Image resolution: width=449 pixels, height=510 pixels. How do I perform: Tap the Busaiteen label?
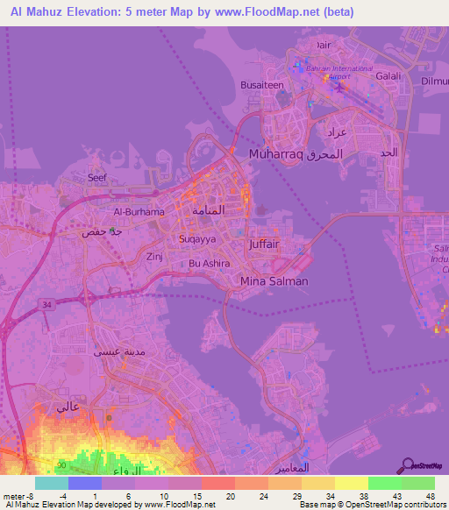(260, 85)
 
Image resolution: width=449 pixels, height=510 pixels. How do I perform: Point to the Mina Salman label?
(274, 281)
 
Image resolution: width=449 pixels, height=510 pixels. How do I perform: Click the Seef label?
(96, 177)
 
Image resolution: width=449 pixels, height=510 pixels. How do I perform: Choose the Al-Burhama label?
(139, 212)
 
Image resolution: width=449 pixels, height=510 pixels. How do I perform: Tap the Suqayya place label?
(197, 237)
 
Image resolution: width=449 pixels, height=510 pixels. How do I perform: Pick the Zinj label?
(155, 257)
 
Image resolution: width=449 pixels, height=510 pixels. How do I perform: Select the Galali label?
(388, 76)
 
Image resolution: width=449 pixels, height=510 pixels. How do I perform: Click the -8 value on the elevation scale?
(31, 495)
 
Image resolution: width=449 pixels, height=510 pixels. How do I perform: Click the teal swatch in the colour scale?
(51, 482)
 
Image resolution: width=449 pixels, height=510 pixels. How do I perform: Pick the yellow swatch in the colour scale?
(351, 482)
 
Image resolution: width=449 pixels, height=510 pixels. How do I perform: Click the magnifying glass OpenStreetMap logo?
(407, 465)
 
